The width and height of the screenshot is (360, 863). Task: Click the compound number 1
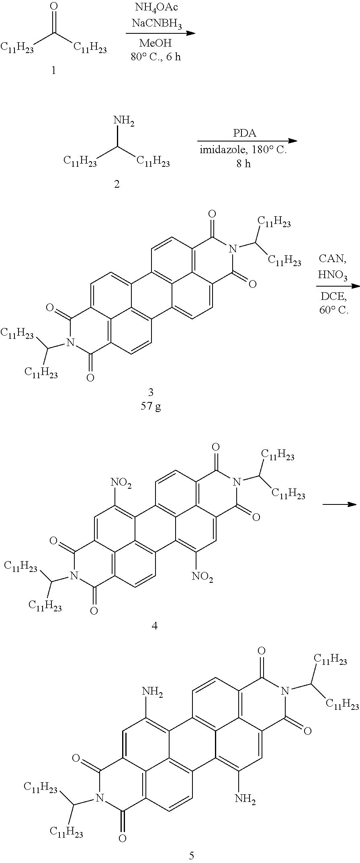[53, 71]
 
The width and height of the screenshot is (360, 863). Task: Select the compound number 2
[117, 185]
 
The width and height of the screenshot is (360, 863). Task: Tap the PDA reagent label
[244, 133]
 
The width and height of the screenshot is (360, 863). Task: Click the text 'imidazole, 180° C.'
[243, 151]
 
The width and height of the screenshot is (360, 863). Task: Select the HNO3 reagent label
[332, 275]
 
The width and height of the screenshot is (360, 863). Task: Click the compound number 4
[155, 626]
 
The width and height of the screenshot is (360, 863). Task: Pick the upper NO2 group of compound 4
[122, 485]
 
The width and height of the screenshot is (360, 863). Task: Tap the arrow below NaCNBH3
[160, 33]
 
